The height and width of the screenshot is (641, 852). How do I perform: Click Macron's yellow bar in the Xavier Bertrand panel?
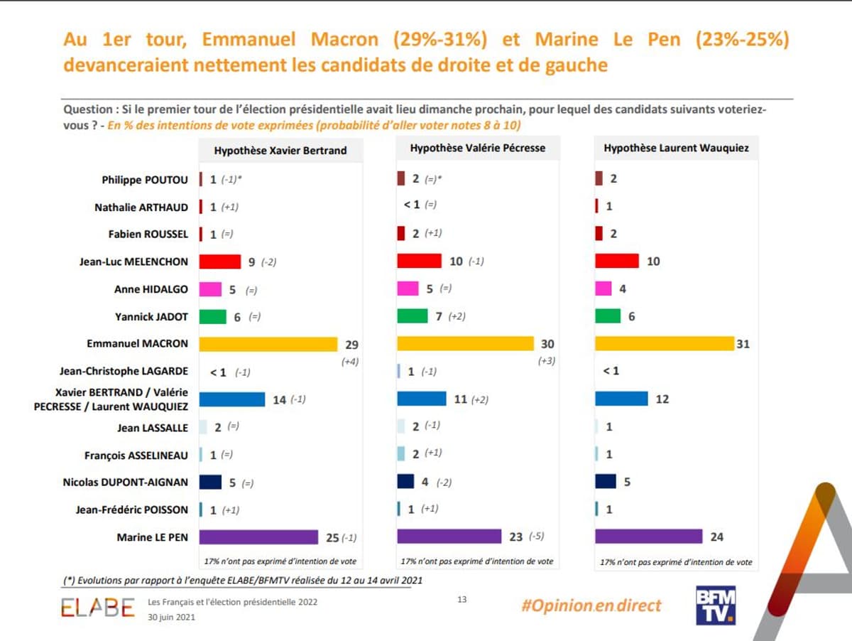pyautogui.click(x=268, y=344)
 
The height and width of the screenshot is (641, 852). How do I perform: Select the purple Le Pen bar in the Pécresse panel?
pyautogui.click(x=449, y=537)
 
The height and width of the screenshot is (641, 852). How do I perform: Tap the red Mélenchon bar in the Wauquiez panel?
pyautogui.click(x=616, y=262)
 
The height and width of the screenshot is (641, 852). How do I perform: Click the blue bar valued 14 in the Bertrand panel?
pyautogui.click(x=231, y=399)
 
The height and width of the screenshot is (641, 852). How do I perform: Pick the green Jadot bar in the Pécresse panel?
pyautogui.click(x=412, y=316)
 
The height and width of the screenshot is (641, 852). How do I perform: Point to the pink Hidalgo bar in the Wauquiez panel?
pyautogui.click(x=603, y=289)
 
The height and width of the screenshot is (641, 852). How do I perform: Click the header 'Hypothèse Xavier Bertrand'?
pyautogui.click(x=280, y=151)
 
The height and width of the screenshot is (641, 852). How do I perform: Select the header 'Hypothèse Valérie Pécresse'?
pyautogui.click(x=477, y=149)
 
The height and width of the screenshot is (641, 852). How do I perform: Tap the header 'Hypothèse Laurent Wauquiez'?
pyautogui.click(x=676, y=149)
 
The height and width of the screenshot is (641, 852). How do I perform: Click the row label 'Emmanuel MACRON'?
pyautogui.click(x=137, y=344)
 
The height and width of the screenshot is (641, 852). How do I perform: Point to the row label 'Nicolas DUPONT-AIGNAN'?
pyautogui.click(x=126, y=483)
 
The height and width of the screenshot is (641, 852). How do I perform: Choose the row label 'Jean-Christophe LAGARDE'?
pyautogui.click(x=124, y=371)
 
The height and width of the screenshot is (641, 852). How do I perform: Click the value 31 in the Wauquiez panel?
pyautogui.click(x=743, y=344)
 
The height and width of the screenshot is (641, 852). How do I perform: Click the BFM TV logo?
pyautogui.click(x=715, y=605)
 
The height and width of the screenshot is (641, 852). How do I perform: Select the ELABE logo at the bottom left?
pyautogui.click(x=97, y=608)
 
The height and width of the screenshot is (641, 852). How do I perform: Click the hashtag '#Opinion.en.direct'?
pyautogui.click(x=591, y=605)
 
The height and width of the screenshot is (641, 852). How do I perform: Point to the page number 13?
pyautogui.click(x=461, y=600)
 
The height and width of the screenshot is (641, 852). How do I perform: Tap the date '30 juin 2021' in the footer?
pyautogui.click(x=171, y=617)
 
